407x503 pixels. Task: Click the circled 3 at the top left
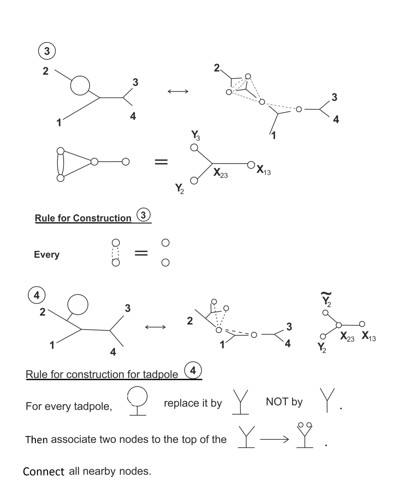coord(47,51)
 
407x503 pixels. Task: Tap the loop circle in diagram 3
coord(80,85)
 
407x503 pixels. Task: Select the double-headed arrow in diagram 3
coord(178,91)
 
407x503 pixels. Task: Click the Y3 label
coord(196,135)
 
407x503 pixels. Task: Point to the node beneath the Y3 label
coord(194,148)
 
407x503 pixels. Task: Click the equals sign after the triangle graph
coord(161,162)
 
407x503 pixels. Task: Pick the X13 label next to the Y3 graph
coord(264,170)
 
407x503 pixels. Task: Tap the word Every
coord(47,255)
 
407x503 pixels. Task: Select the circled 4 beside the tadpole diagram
coord(36,295)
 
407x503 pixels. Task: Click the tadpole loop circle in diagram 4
coord(78,304)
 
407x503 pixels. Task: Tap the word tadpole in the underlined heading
coord(160,375)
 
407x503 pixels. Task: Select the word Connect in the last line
coord(44,472)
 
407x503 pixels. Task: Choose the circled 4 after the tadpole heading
coord(193,370)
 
